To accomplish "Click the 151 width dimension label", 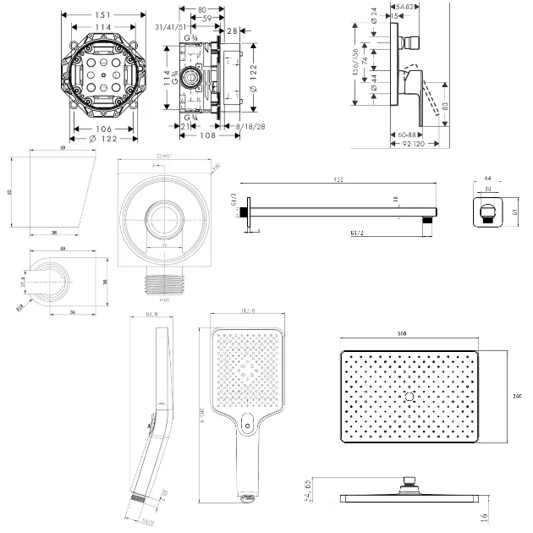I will coord(101,15).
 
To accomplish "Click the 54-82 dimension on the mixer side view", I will coord(404,6).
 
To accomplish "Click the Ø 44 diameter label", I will coord(374,84).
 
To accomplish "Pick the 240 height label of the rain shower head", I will coord(516,392).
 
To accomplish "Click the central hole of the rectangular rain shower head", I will coord(409,396).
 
